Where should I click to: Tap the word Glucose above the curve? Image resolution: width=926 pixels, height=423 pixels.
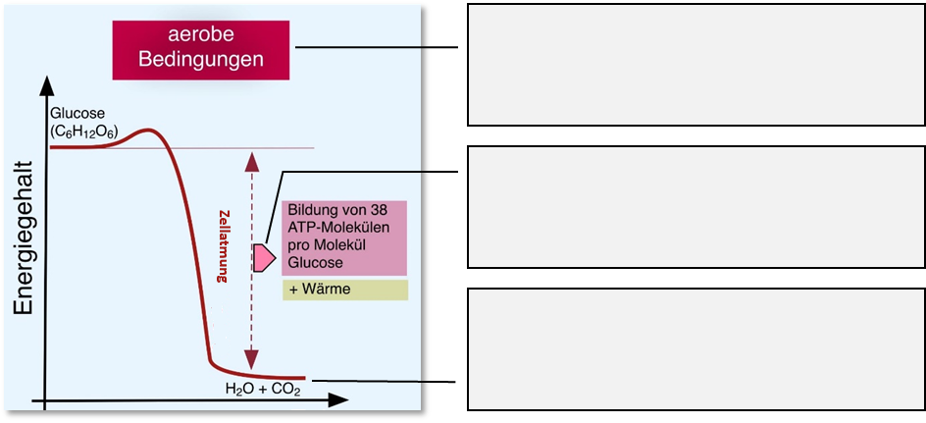pos(77,113)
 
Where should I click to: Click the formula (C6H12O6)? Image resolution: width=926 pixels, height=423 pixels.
pos(83,131)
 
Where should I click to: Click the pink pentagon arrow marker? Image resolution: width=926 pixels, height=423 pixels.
pos(263,257)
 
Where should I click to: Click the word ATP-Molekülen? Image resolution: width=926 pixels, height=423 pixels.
pos(338,229)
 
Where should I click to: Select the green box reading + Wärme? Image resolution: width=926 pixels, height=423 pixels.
pos(344,290)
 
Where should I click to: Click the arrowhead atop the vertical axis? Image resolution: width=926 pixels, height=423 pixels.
pos(44,85)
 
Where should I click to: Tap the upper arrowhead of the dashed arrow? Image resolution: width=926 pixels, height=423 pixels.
pos(252,158)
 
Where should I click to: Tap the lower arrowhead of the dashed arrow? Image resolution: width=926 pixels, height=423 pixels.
pos(252,361)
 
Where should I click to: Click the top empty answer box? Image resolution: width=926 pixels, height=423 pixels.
pos(696,65)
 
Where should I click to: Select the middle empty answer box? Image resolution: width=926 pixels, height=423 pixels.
pos(696,206)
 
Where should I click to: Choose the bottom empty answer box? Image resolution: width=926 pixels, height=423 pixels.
pos(696,347)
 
